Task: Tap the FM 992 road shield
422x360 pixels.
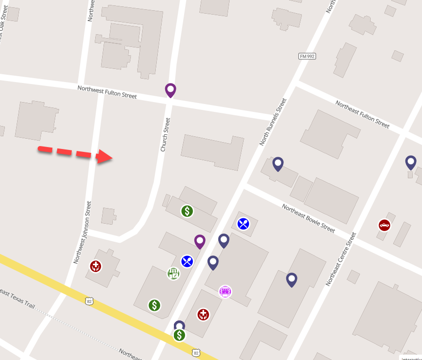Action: tap(307, 57)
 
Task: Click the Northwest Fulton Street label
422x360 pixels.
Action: tap(107, 92)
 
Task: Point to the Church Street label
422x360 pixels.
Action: tap(166, 134)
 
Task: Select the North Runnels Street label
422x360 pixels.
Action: tap(273, 122)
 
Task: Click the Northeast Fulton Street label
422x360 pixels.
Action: tap(362, 114)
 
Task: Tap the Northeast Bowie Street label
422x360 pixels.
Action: tap(308, 218)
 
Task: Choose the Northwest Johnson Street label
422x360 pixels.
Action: tap(82, 232)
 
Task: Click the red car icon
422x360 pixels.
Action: tap(385, 225)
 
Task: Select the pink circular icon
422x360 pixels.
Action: tap(225, 292)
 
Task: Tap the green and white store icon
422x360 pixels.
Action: tap(173, 274)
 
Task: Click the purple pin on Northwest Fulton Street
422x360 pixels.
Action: tap(170, 89)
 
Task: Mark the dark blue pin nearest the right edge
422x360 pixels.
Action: tap(411, 162)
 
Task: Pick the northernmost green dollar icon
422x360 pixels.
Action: tap(187, 211)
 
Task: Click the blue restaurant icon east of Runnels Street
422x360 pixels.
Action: tap(243, 224)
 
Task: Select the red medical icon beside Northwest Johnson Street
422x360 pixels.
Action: tap(96, 266)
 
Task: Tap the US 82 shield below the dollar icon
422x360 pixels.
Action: tap(196, 352)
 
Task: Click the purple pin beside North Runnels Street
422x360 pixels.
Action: tap(199, 241)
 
